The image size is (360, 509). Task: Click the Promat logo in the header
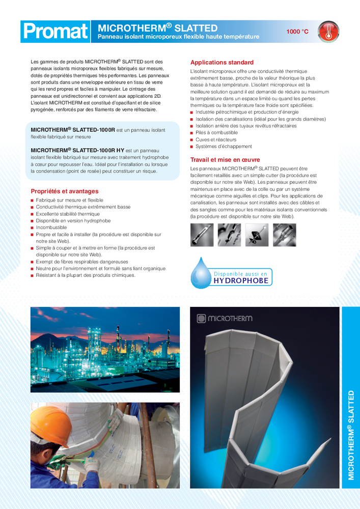click(x=55, y=32)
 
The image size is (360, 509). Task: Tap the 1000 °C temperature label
click(x=297, y=32)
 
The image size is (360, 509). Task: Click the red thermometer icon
click(x=328, y=32)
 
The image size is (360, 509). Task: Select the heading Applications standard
click(x=221, y=62)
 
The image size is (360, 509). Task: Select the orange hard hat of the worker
click(x=50, y=419)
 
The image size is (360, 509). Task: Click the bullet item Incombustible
click(x=52, y=228)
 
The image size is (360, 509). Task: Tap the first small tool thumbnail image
click(x=201, y=235)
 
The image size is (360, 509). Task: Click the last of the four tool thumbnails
click(x=284, y=235)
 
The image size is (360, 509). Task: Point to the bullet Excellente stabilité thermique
click(x=68, y=214)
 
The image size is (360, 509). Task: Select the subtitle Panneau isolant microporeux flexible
click(x=178, y=37)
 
